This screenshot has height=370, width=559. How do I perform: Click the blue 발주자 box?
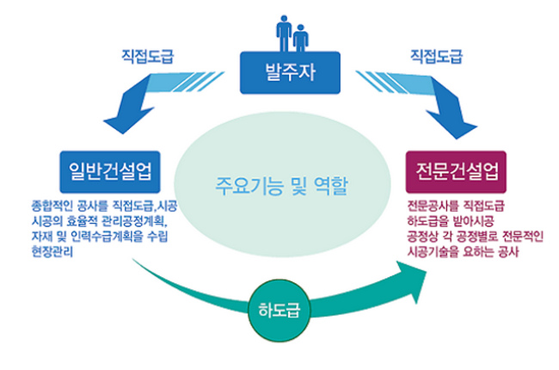[x=290, y=73]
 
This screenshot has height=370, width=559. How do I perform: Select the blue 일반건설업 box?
[x=110, y=171]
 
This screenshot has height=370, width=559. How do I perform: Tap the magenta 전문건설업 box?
[x=456, y=171]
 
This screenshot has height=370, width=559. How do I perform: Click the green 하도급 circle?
[x=279, y=310]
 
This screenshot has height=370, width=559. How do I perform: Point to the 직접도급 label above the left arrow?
[x=148, y=56]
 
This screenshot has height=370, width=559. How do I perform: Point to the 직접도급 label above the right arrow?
[x=436, y=56]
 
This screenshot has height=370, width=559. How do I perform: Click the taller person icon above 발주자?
[x=284, y=34]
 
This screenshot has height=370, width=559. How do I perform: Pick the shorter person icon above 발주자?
[x=300, y=38]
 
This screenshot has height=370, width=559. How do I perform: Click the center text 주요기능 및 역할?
[x=281, y=186]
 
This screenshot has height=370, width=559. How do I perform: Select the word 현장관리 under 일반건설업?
[x=52, y=252]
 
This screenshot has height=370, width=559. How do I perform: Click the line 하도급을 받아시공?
[x=451, y=221]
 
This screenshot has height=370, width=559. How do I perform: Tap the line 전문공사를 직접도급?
[x=456, y=206]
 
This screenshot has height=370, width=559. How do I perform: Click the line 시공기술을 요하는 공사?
[x=463, y=252]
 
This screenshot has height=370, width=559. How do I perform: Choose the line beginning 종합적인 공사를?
[x=104, y=206]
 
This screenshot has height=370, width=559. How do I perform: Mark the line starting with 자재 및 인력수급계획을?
[x=100, y=237]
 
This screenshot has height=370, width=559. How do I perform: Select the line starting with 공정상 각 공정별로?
[x=476, y=237]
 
